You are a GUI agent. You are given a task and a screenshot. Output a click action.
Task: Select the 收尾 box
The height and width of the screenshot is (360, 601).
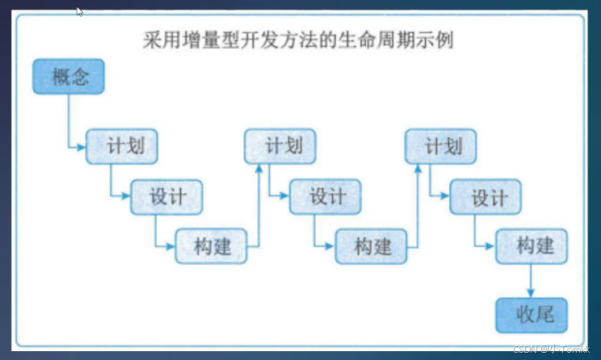click(531, 314)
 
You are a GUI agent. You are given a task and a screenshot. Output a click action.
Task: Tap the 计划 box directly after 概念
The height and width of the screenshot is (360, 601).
click(121, 147)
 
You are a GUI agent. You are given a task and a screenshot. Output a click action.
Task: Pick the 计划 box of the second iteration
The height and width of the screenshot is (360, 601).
click(280, 147)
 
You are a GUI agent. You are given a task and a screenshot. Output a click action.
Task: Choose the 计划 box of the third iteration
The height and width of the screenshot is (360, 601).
click(440, 147)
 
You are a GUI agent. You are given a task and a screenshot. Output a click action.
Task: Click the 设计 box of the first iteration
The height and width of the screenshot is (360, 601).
click(166, 197)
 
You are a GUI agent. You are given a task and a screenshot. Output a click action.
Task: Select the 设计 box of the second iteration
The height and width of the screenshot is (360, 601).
click(326, 197)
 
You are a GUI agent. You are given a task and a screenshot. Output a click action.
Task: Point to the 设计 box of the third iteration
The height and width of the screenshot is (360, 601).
click(485, 197)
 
